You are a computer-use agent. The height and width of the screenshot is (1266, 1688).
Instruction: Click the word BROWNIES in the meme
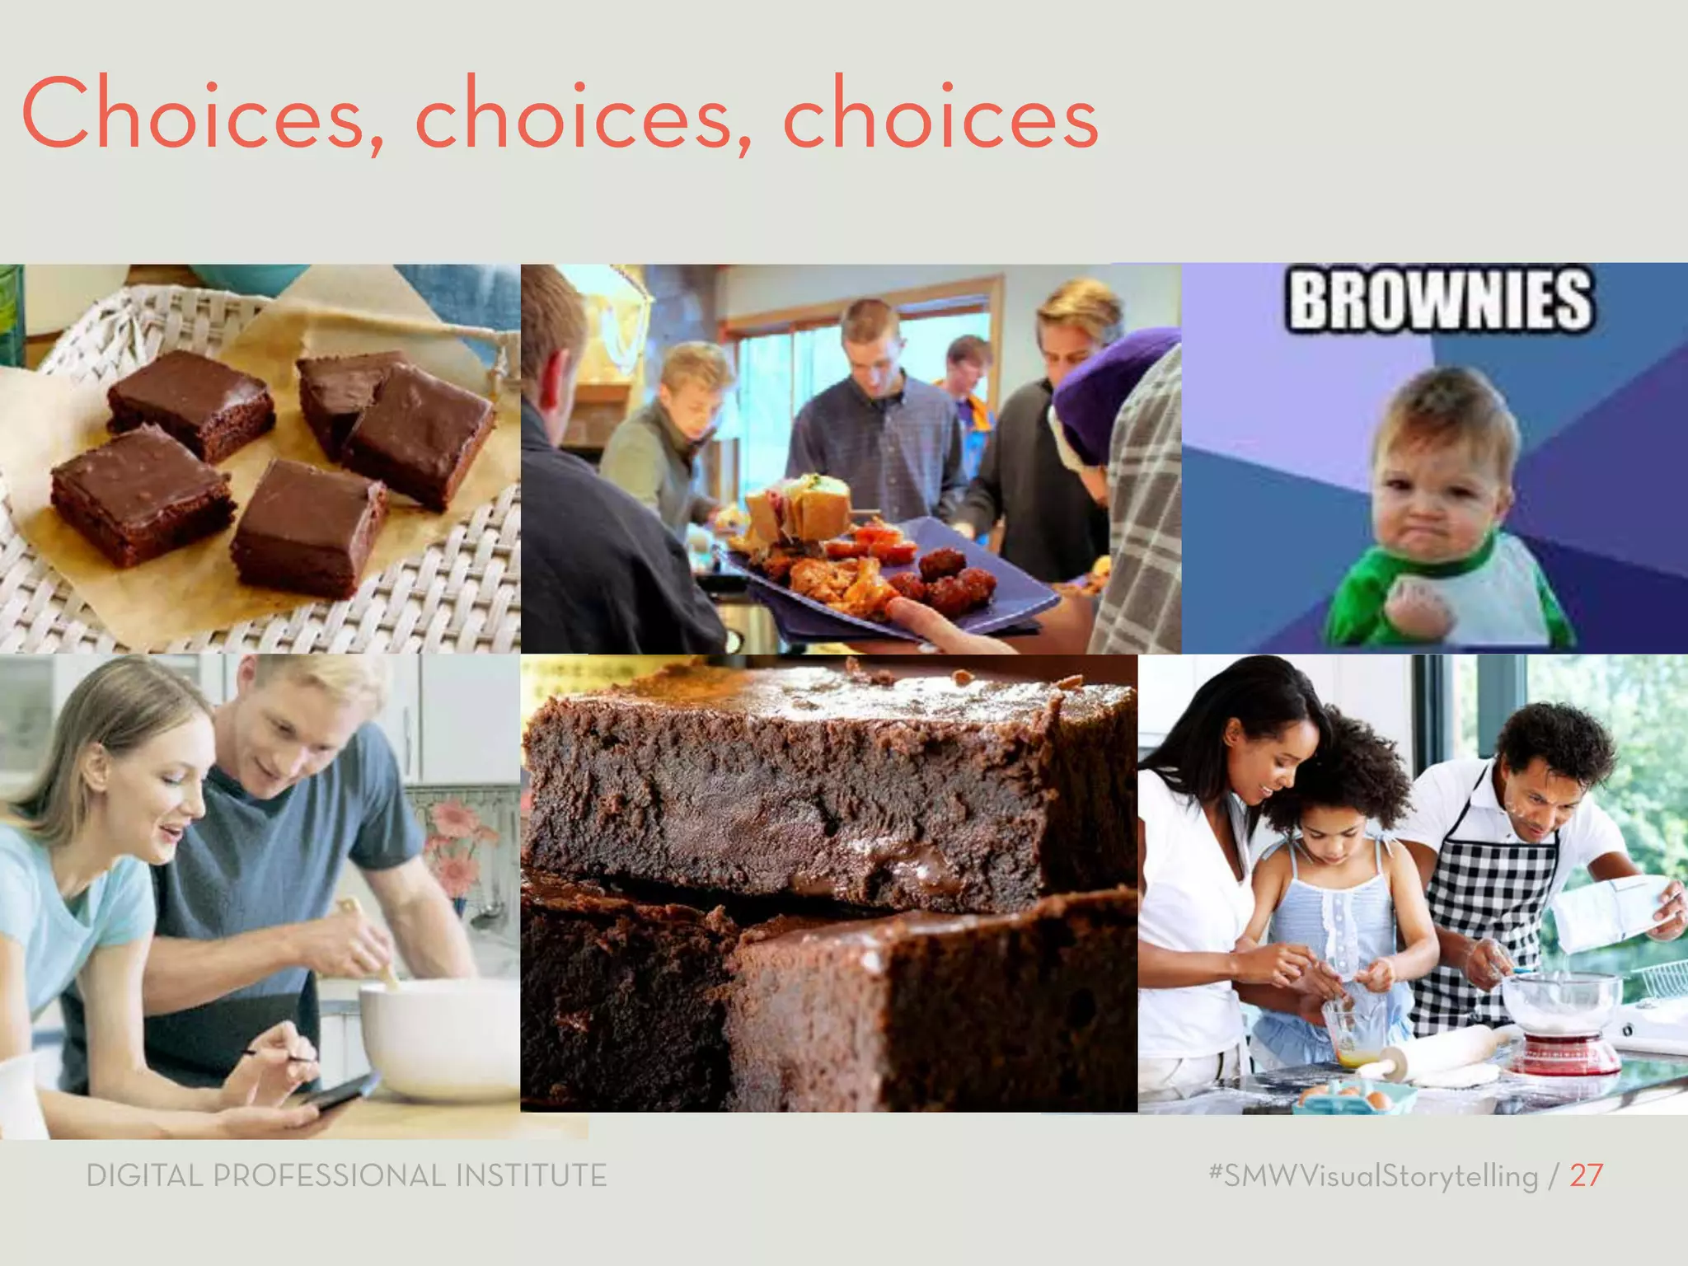1441,301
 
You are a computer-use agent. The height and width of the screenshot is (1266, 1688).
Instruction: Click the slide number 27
1586,1175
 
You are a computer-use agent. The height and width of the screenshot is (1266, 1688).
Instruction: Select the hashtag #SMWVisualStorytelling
1373,1175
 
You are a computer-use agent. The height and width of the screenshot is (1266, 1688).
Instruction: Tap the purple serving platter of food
890,577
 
